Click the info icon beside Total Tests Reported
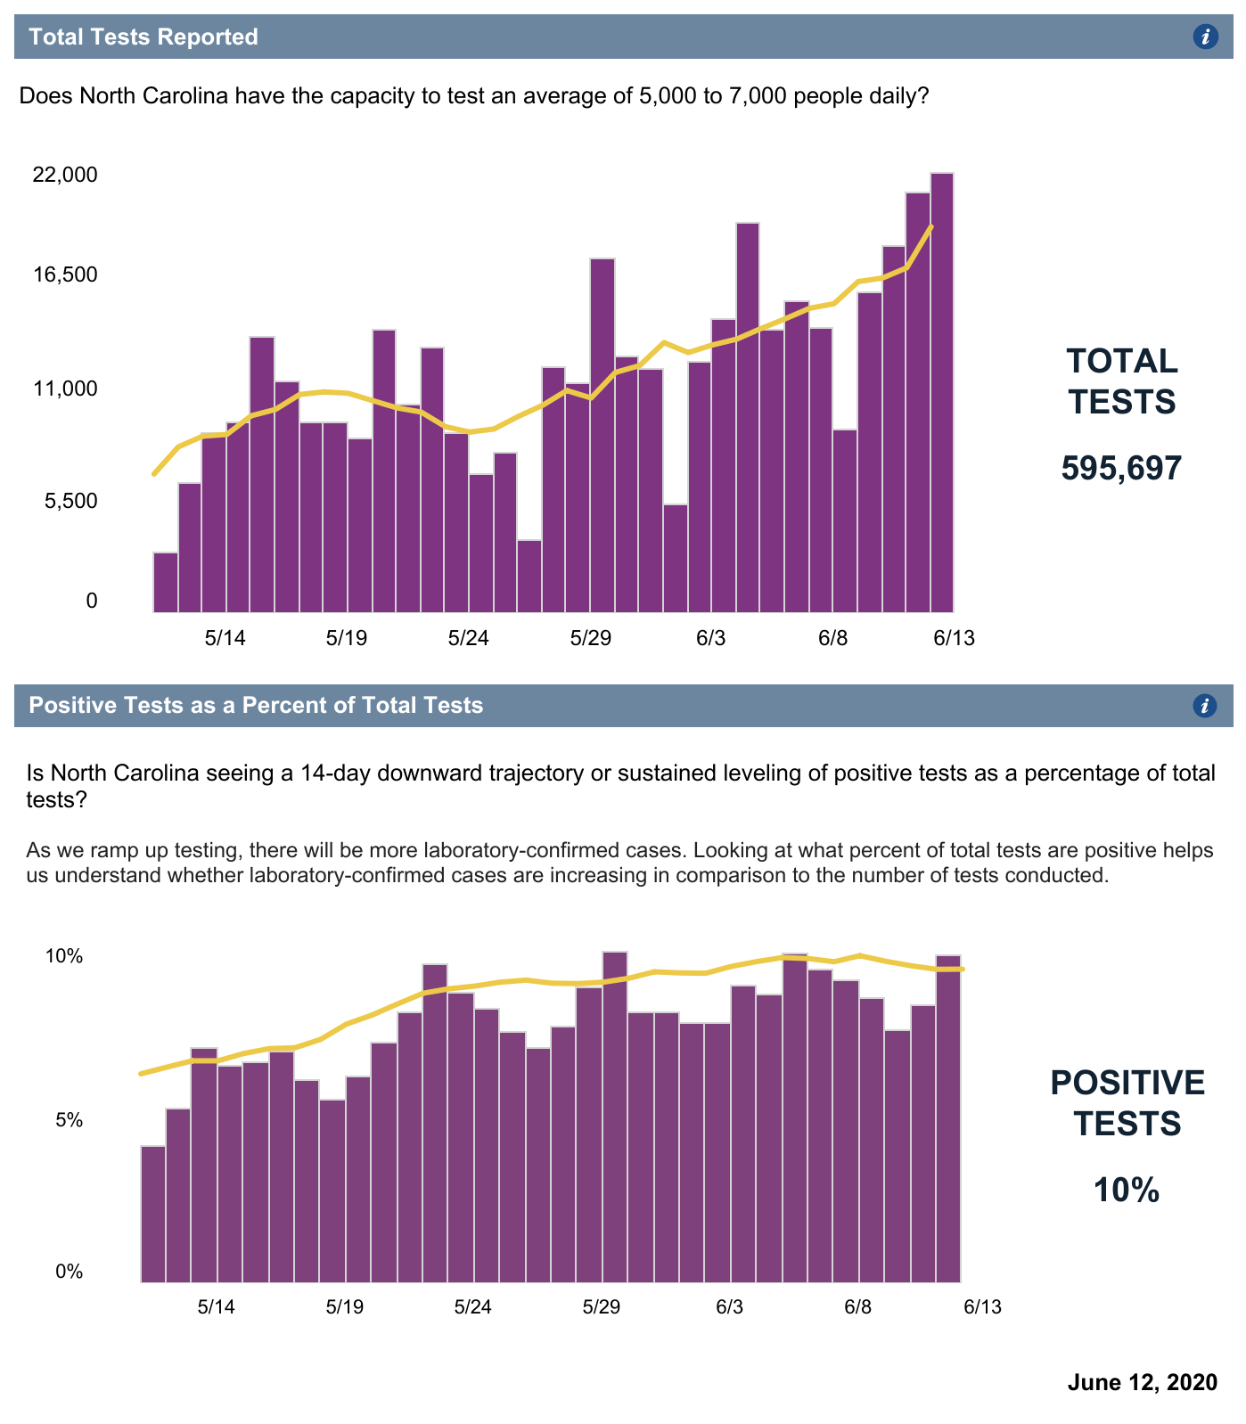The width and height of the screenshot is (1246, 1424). point(1205,37)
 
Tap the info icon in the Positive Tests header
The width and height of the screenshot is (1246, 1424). point(1204,706)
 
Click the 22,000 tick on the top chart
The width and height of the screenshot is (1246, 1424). point(64,175)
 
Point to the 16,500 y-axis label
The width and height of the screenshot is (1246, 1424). point(64,274)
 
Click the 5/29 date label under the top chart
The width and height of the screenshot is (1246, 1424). point(590,638)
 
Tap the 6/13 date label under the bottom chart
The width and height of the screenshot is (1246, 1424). point(981,1307)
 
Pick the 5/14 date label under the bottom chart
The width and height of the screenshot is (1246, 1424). point(216,1307)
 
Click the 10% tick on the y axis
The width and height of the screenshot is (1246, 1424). point(63,957)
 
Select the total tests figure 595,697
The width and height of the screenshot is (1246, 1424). point(1121,468)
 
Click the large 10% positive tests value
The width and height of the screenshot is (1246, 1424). point(1127,1191)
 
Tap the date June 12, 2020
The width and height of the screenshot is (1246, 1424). point(1142,1382)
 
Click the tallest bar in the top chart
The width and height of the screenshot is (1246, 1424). point(942,392)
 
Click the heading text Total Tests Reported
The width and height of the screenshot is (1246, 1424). point(143,37)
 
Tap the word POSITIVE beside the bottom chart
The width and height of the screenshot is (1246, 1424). point(1127,1083)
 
